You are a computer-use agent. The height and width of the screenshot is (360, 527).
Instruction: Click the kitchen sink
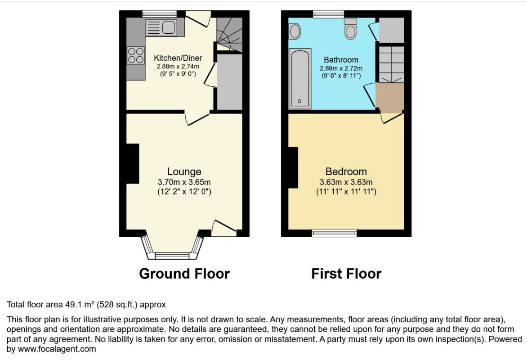coord(161,27)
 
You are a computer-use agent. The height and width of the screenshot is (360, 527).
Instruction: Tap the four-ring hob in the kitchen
coord(136,55)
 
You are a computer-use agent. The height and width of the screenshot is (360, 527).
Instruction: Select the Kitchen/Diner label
coord(178,58)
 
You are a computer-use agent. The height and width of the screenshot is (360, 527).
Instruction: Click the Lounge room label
coord(184,171)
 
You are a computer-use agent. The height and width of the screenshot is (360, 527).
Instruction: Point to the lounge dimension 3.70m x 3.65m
coord(184,182)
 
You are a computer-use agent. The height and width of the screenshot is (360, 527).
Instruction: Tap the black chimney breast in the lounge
coord(132,164)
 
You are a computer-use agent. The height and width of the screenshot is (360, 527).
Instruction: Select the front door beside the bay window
coord(224,228)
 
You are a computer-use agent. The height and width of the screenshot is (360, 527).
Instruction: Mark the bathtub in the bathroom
coord(300,79)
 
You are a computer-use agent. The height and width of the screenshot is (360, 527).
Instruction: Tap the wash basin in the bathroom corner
coord(295,31)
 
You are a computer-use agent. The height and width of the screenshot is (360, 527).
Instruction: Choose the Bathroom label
coord(341,60)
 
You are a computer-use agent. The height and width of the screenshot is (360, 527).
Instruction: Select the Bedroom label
coord(346,171)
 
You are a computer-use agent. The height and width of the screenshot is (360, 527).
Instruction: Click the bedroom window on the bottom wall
coord(334,233)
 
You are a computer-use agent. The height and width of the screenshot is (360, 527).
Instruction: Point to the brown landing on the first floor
coord(390,98)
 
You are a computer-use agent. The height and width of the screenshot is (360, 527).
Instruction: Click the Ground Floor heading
coord(184,274)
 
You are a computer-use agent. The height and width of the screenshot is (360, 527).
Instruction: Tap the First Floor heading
coord(346,274)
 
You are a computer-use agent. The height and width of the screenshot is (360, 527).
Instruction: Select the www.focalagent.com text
coord(57,349)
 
